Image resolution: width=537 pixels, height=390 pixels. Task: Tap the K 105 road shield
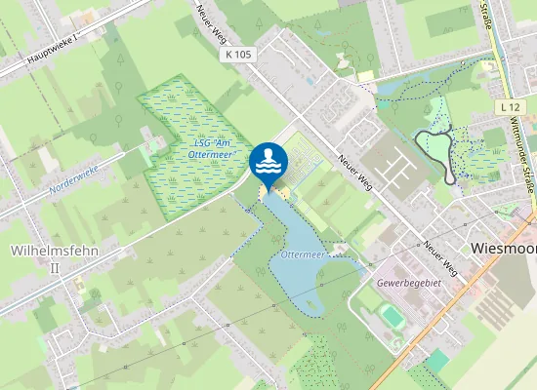(x=239, y=56)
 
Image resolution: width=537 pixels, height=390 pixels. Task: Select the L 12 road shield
(x=508, y=105)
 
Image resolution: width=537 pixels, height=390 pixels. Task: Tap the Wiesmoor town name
(x=503, y=248)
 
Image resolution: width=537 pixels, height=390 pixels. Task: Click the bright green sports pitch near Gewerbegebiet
(x=392, y=316)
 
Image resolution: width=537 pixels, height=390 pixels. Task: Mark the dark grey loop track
(x=436, y=154)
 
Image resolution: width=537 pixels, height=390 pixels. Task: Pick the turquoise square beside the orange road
(x=437, y=360)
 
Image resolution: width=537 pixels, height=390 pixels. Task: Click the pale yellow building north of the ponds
(x=366, y=75)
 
